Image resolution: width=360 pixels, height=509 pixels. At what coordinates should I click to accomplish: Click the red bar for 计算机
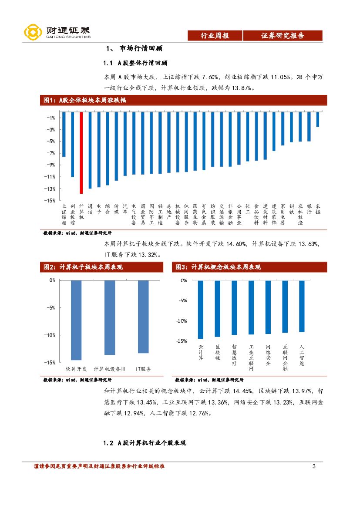tap(81, 152)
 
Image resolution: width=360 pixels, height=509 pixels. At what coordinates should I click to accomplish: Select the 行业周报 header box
tap(215, 36)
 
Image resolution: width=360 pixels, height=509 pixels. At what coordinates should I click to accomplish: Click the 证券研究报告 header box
tap(283, 36)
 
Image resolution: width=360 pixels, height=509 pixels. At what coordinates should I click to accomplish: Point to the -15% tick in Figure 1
tap(50, 201)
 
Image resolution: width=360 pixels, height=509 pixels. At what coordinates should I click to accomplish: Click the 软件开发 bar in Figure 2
tap(76, 320)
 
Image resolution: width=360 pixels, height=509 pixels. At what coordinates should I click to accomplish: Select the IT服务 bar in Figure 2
tap(143, 317)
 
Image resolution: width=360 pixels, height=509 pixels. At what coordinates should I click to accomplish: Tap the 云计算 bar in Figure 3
tap(201, 309)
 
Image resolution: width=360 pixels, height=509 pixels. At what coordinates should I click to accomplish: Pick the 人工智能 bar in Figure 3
tap(302, 306)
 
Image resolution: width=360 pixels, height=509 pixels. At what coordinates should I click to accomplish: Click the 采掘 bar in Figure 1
tap(318, 119)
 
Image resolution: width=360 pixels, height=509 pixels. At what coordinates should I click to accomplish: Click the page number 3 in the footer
tap(314, 467)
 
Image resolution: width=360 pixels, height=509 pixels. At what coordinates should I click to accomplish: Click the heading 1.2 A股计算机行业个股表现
tap(145, 443)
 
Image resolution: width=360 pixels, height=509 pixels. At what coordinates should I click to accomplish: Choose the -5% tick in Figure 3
tap(182, 300)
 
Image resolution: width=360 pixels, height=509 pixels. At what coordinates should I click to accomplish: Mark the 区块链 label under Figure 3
tap(218, 352)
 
